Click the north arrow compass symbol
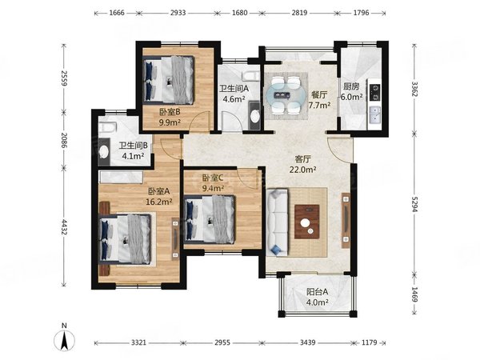64,340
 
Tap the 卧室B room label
170,112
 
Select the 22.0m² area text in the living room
302,170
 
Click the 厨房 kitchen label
351,86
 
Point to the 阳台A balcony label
318,292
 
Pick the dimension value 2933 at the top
178,13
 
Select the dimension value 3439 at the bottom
307,342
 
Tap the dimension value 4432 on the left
64,227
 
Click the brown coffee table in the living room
307,222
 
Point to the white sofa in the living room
277,222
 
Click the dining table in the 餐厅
286,95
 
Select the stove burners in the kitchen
375,93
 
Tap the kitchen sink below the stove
375,114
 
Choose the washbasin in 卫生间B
104,151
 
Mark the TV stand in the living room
346,221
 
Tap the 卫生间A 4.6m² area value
234,99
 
